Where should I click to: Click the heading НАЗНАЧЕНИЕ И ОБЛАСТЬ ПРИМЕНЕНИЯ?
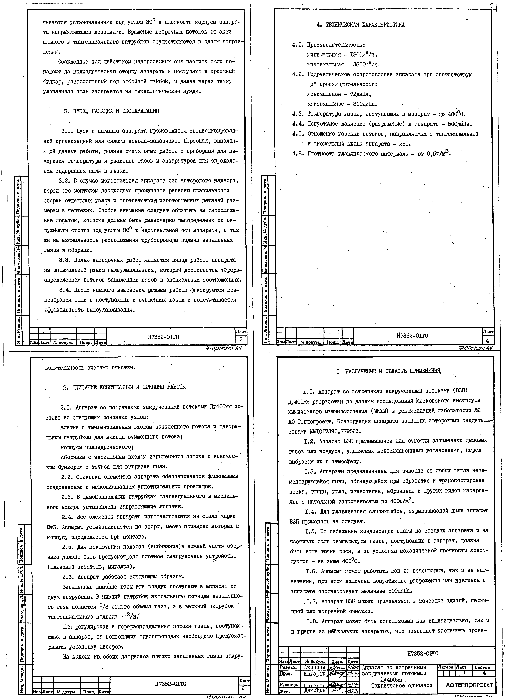point(389,371)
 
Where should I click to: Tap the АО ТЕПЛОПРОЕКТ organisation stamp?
point(469,685)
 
